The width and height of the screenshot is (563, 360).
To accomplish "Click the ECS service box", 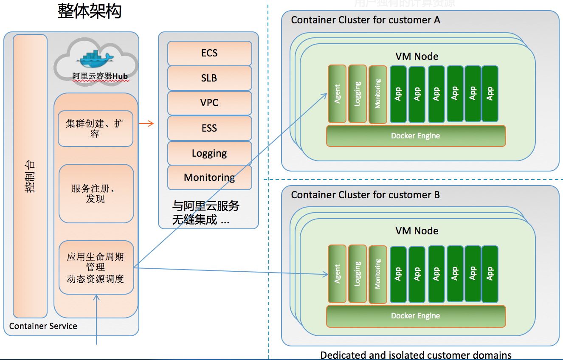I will point(209,53).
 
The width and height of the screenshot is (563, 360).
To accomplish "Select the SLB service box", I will point(209,78).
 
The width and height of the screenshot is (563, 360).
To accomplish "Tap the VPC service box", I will point(209,103).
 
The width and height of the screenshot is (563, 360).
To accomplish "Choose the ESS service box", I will point(209,128).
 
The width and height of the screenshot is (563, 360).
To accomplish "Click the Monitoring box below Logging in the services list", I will point(209,177).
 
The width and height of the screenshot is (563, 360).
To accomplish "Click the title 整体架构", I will point(90,11).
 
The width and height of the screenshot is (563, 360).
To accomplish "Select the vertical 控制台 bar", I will point(30,176).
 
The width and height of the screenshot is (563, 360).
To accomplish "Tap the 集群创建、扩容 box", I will point(96,129).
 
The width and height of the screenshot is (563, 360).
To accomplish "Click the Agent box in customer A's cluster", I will point(337,94).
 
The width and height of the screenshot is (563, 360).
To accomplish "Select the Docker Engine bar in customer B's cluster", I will point(416,316).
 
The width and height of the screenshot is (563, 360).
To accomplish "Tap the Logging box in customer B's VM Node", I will point(358,274).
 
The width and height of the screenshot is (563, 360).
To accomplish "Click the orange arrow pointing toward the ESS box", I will point(146,124).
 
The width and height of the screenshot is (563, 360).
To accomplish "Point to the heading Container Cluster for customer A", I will point(366,20).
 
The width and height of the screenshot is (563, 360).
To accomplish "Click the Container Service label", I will point(43,326).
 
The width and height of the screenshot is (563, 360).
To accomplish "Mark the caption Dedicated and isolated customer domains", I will point(416,355).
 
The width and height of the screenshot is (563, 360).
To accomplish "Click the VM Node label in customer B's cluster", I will point(417,231).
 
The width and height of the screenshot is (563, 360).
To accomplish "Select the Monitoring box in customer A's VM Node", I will point(378,94).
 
